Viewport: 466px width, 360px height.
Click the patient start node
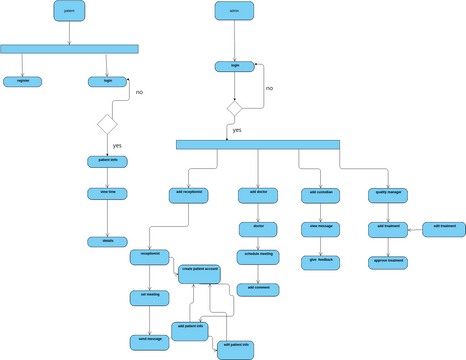click(69, 12)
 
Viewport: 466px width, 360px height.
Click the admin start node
click(233, 12)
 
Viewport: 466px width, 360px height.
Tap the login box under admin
click(235, 67)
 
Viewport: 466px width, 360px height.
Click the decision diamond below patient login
click(107, 124)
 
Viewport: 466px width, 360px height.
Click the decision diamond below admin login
click(234, 107)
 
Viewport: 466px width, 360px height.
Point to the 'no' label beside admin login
click(269, 88)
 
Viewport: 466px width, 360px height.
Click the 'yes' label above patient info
click(117, 146)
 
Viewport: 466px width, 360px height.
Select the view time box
click(107, 192)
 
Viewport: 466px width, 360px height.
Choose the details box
click(107, 241)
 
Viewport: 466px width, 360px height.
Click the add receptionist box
click(189, 192)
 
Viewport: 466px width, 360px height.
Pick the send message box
click(150, 340)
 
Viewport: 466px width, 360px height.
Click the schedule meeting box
click(258, 256)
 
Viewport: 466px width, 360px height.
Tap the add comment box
click(258, 288)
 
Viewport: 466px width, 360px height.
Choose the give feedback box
click(321, 260)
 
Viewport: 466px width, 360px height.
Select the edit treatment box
click(444, 228)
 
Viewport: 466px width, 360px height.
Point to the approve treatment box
click(388, 261)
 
